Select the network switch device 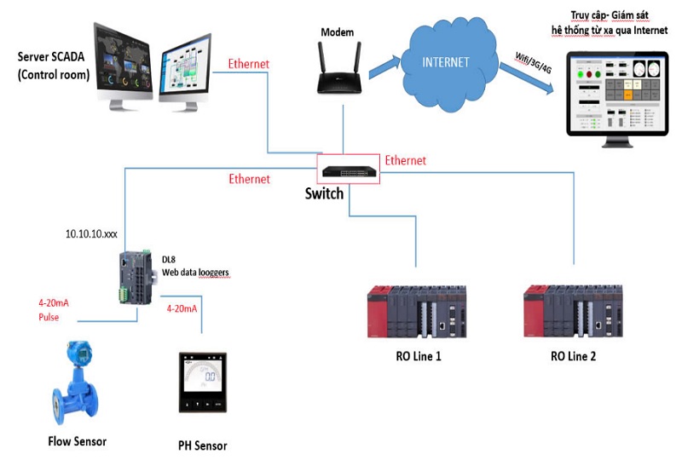[x=345, y=169]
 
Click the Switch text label [x=324, y=193]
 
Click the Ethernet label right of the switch [x=405, y=160]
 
